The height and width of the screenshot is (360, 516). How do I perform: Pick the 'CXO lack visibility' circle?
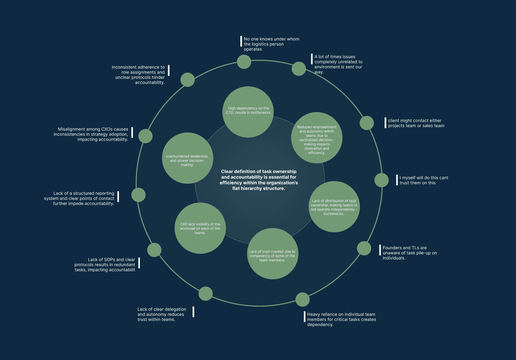tap(200, 229)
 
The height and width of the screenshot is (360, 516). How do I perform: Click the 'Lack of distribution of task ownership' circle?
tap(334, 206)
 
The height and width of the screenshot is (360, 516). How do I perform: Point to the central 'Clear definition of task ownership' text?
tap(260, 180)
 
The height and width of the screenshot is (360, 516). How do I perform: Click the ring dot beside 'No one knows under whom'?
tap(244, 62)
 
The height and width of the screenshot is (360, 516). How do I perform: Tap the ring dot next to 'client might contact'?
tap(367, 123)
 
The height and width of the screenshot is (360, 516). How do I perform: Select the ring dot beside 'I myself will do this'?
tap(381, 180)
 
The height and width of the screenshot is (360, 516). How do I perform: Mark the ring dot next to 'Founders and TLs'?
tap(364, 248)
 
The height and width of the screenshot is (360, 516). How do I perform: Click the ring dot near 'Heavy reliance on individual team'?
tap(302, 300)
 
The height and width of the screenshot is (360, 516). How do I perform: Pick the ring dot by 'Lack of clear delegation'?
tap(206, 294)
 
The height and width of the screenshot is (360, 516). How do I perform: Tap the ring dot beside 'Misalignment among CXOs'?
tap(146, 136)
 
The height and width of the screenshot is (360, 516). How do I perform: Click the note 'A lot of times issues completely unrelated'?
tap(338, 64)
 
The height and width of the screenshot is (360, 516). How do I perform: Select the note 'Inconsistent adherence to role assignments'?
tap(138, 75)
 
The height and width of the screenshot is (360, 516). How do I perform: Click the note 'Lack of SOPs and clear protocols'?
tap(105, 264)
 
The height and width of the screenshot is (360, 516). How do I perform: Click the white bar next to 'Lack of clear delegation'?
tap(193, 312)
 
